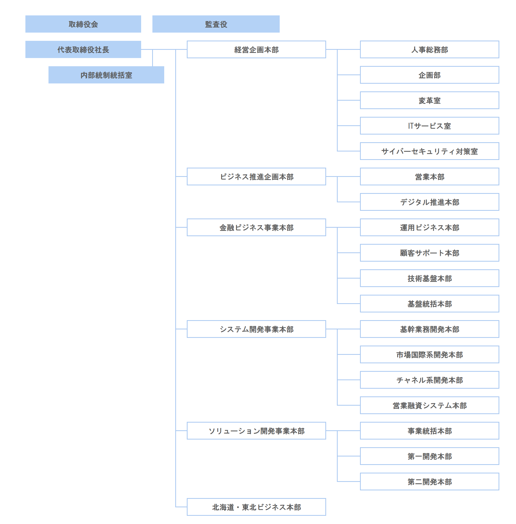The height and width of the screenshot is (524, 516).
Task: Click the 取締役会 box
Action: (83, 24)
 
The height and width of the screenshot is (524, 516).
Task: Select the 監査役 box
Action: (216, 24)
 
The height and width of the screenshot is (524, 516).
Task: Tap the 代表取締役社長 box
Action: (83, 49)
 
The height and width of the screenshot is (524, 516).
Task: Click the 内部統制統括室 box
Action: (106, 75)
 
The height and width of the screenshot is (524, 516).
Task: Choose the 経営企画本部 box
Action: (256, 49)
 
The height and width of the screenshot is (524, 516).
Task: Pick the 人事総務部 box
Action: (430, 49)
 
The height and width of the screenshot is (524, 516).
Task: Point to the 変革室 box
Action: (430, 100)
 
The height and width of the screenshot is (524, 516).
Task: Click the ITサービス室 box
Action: (430, 126)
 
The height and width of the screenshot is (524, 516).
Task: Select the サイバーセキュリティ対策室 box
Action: (430, 151)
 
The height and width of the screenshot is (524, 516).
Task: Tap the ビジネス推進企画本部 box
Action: (256, 177)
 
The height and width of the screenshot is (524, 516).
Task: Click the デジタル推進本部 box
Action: (430, 202)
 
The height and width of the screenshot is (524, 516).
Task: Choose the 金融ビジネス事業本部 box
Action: (256, 227)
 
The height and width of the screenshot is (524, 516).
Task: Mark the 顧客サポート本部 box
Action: (430, 253)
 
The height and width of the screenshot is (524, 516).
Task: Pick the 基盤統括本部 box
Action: (430, 304)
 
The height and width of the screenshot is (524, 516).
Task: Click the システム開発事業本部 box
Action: (256, 329)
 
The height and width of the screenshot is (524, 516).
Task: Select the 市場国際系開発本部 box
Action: (430, 355)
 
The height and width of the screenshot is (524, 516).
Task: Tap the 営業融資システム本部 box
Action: (430, 405)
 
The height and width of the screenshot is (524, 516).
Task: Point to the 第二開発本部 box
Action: (430, 482)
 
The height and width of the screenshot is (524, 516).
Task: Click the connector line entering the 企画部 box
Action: (349, 75)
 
